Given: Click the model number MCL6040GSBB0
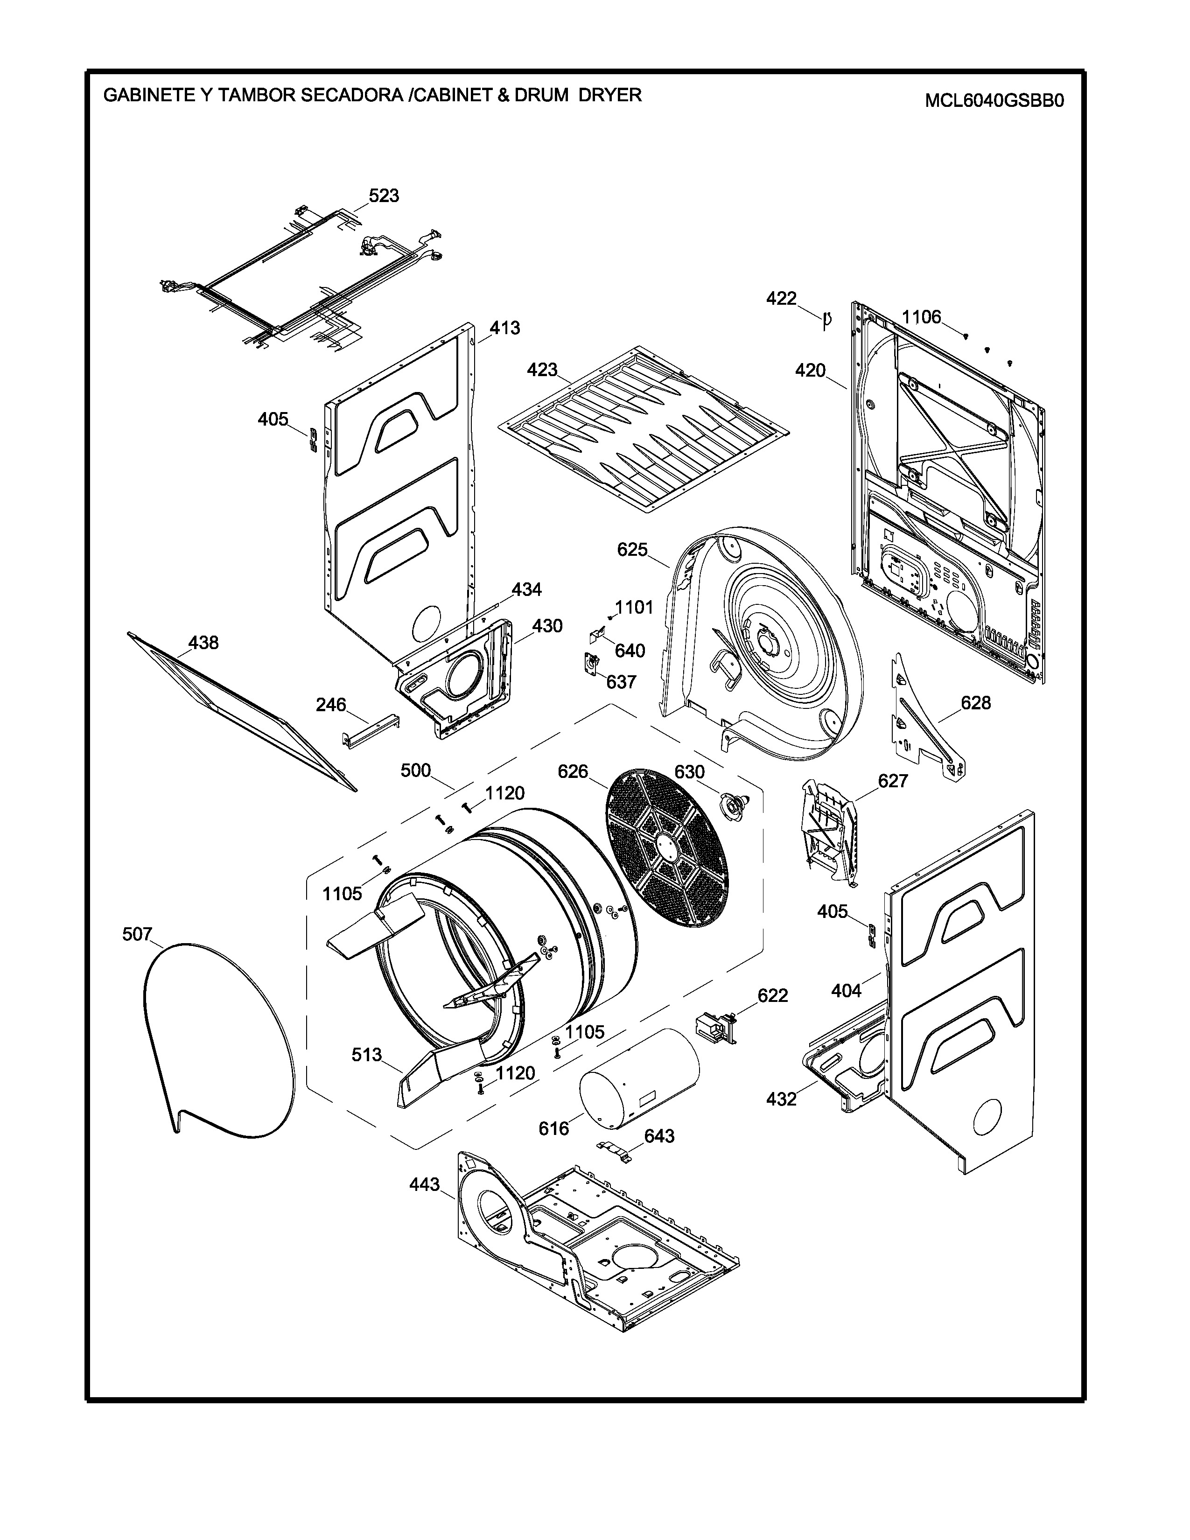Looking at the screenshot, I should point(994,101).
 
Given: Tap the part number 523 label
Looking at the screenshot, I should point(384,196).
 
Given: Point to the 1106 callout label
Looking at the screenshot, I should point(921,317).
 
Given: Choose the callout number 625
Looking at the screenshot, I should point(632,549).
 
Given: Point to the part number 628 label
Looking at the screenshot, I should point(976,702).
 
